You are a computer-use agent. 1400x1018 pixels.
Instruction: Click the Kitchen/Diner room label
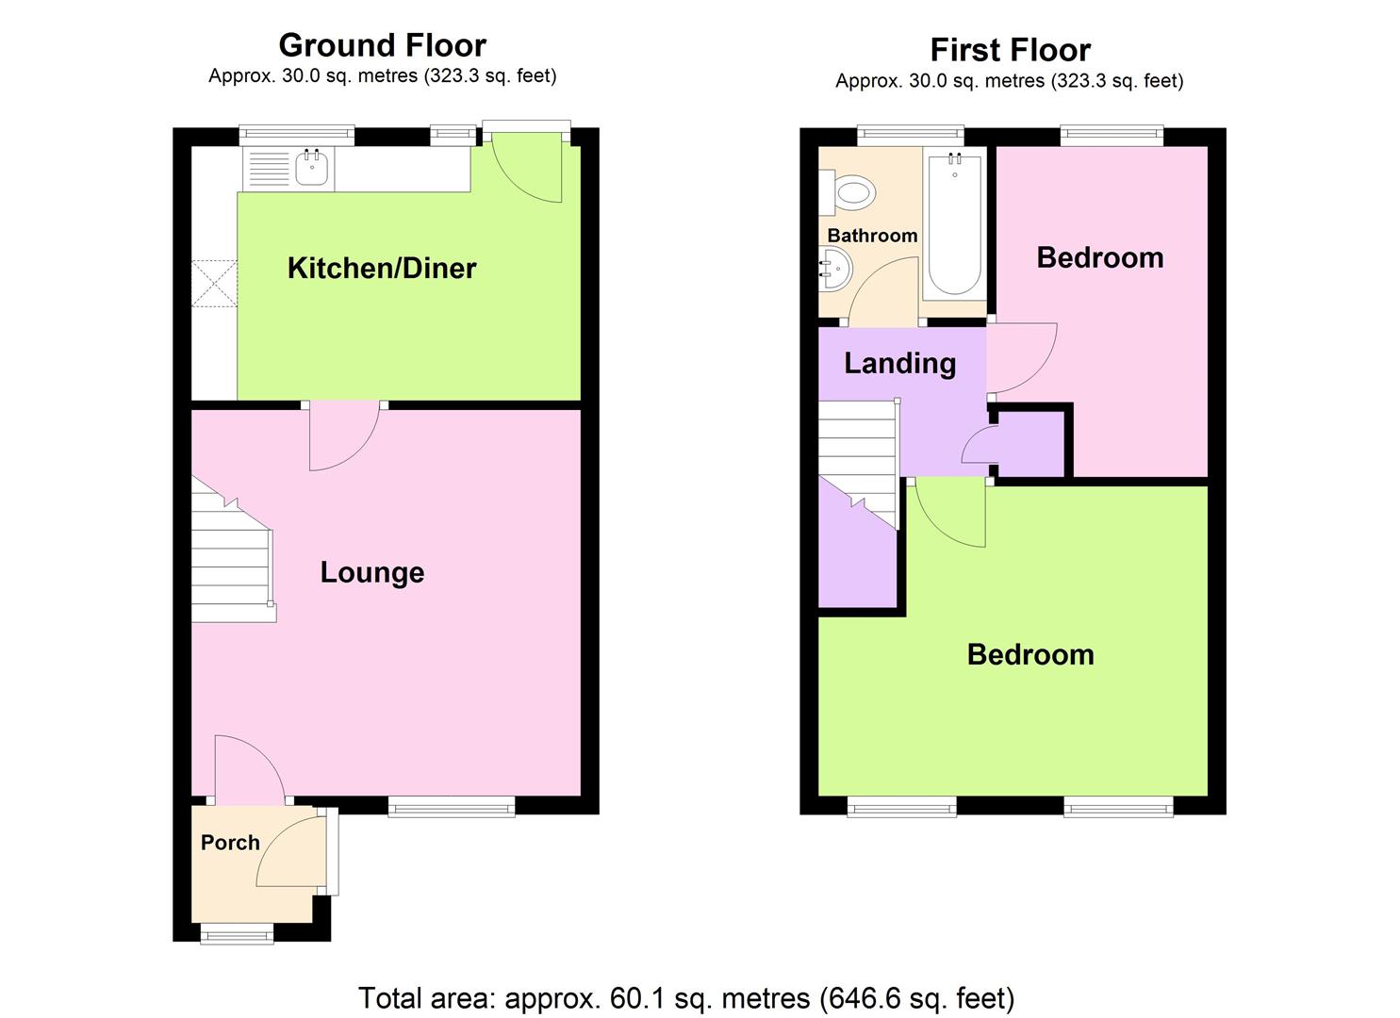coord(382,269)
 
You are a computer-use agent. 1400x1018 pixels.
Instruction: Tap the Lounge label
coord(372,573)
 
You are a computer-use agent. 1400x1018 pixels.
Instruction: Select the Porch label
coord(230,843)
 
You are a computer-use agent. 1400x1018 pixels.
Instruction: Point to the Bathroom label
coord(872,236)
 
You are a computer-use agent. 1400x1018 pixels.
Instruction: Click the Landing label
coord(899,364)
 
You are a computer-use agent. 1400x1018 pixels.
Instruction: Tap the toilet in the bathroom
coord(851,194)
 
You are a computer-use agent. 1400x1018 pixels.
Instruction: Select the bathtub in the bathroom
coord(955,226)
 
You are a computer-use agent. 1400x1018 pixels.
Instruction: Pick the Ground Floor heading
coord(382,45)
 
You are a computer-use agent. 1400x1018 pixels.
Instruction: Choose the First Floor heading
coord(1010,50)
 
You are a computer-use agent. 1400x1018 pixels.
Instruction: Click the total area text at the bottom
coord(686,997)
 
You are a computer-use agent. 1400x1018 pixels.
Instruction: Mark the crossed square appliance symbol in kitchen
coord(214,283)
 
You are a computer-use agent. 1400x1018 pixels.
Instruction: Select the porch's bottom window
coord(237,934)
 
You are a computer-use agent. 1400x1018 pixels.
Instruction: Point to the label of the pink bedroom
coord(1099,258)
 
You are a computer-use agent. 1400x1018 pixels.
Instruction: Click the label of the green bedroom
coord(1030,655)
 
